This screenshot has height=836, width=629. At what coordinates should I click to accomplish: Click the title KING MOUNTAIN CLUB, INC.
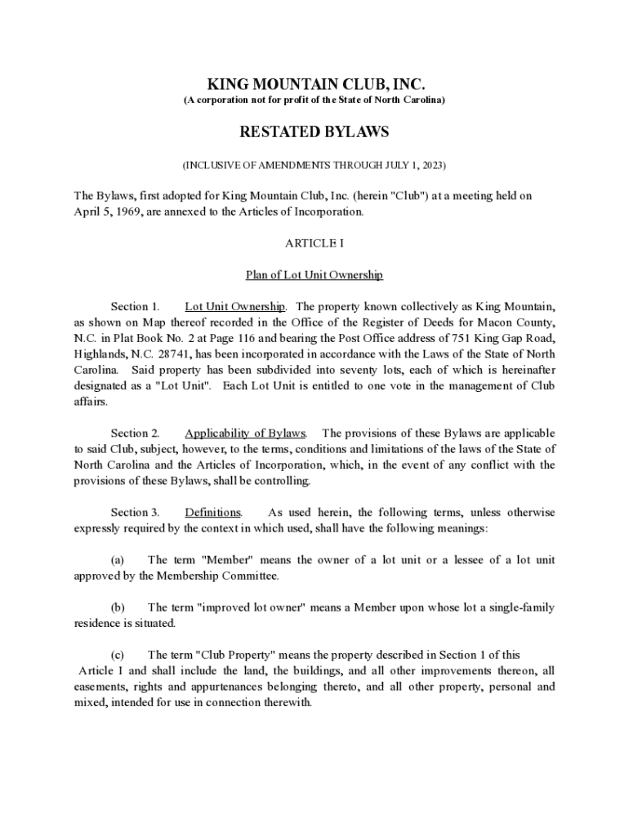314,84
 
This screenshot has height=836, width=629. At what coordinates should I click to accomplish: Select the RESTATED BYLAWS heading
314,131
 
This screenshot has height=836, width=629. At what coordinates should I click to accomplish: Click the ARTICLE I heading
314,243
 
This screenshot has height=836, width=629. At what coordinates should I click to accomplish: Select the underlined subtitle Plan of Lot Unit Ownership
314,275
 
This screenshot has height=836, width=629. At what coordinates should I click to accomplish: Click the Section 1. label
135,307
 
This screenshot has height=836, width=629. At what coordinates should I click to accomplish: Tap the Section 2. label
135,434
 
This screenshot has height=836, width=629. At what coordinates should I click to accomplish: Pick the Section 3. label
135,513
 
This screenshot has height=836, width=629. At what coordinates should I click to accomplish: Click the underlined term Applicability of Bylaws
245,434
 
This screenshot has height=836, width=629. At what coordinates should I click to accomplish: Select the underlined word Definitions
212,513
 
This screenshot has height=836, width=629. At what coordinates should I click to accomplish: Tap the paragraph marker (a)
117,560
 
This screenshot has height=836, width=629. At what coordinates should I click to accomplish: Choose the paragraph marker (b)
117,607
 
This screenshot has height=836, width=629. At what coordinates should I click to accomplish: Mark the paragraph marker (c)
117,655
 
